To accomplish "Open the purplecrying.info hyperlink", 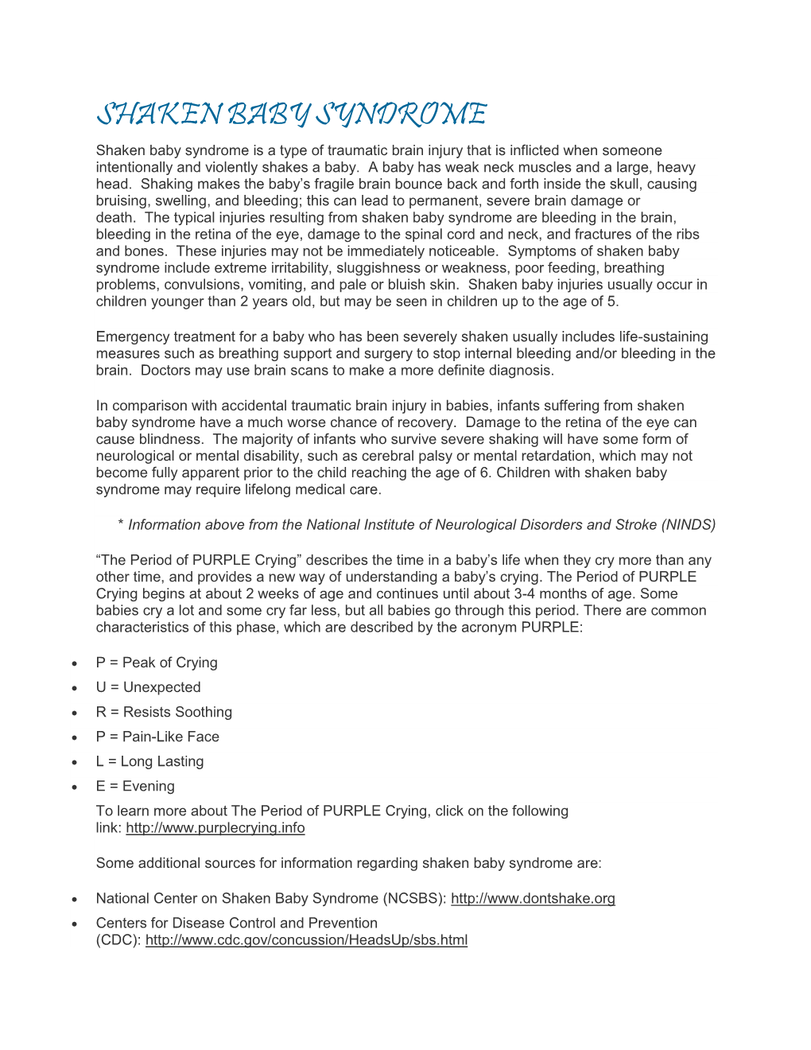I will point(215,828).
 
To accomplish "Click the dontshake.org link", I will point(533,899).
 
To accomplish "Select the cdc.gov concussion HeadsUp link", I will point(306,940).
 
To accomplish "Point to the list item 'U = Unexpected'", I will point(148,687).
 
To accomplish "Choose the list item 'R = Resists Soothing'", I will point(164,712).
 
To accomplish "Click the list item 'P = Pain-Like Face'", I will point(157,737).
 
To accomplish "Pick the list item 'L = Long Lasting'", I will point(149,761).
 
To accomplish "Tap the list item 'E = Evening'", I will point(135,786).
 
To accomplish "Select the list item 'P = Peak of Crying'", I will point(157,663).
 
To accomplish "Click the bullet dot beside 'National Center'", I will point(74,900).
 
